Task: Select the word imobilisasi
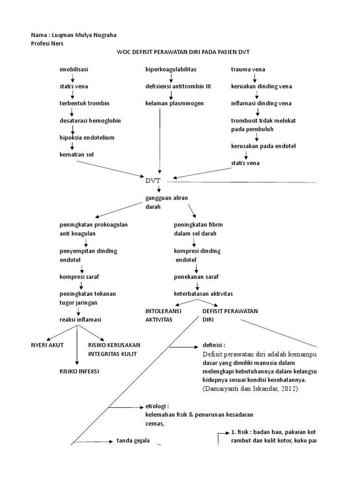(x=74, y=69)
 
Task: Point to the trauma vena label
(x=248, y=69)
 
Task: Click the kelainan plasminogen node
(x=174, y=103)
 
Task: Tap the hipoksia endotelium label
(x=87, y=137)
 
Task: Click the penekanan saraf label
(x=196, y=277)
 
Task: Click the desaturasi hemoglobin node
(x=90, y=120)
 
